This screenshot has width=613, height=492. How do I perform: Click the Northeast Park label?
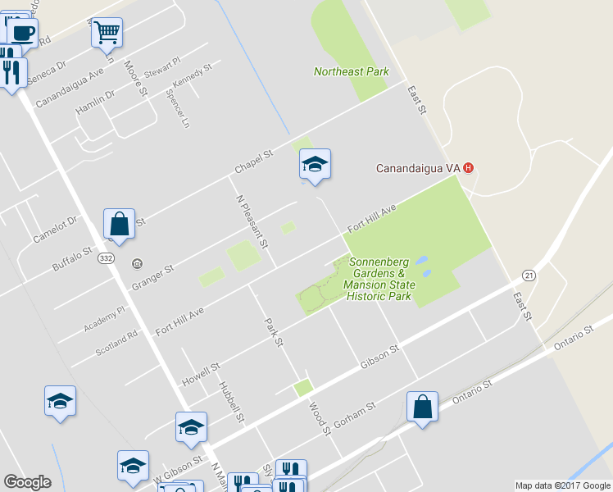click(x=351, y=71)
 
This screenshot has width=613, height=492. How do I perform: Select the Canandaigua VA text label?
click(x=418, y=169)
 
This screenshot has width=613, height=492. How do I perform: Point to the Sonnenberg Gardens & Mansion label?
click(x=381, y=279)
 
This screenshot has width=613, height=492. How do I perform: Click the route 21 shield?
click(x=529, y=276)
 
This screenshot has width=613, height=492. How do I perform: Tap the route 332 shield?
click(x=107, y=257)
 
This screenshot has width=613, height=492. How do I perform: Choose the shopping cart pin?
click(x=107, y=34)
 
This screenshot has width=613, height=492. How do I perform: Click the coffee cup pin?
click(x=22, y=33)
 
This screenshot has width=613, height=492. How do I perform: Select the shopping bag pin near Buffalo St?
click(x=119, y=224)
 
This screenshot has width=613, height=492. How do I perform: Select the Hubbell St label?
click(x=232, y=402)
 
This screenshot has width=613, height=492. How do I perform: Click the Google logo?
click(x=27, y=482)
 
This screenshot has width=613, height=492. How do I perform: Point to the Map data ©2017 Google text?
click(x=562, y=485)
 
